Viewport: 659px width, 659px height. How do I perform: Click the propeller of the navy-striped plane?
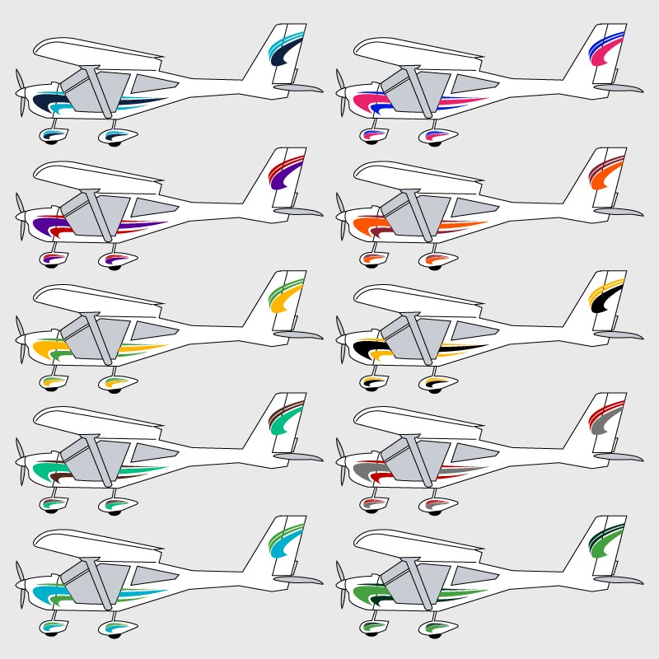pyautogui.click(x=21, y=92)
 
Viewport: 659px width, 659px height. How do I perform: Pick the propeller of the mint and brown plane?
pyautogui.click(x=21, y=463)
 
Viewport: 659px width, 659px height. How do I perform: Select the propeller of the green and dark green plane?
pyautogui.click(x=341, y=587)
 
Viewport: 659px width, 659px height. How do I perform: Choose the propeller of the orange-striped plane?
pyautogui.click(x=341, y=216)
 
